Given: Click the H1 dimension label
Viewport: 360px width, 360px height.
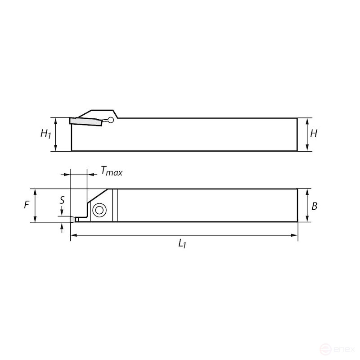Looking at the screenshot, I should pos(45,134).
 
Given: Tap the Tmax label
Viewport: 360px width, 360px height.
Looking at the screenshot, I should pos(111,171).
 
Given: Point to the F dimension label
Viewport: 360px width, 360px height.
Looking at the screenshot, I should pos(27,205).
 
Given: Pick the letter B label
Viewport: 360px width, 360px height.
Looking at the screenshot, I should pos(315,206).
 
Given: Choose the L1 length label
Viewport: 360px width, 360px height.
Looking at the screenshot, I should pos(182,243).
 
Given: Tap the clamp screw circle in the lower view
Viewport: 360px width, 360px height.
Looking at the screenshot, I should pos(99,210).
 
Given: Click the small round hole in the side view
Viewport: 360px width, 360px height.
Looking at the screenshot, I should pos(110,120).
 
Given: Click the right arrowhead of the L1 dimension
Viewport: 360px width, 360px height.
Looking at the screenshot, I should pos(295,235).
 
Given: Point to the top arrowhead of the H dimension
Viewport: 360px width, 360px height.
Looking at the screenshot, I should pos(307,121).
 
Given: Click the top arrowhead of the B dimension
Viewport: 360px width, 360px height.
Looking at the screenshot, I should pos(307,191).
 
